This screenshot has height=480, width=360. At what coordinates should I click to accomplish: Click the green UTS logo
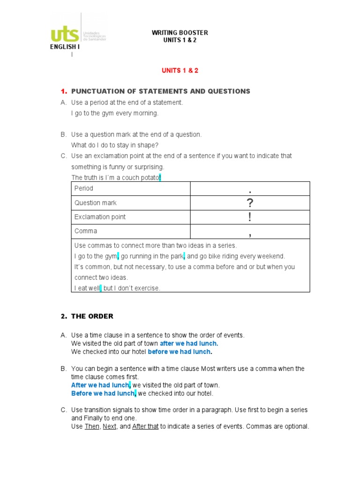tap(66, 34)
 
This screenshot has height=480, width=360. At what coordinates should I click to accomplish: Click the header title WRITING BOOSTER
tap(180, 33)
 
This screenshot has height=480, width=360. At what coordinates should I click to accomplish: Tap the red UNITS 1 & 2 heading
tap(180, 70)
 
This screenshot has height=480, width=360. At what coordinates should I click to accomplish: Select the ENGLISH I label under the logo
tap(65, 47)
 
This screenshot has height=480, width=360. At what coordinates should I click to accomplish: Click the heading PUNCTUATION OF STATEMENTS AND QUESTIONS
tap(160, 91)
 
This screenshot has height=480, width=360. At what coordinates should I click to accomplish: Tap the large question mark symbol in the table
tap(250, 203)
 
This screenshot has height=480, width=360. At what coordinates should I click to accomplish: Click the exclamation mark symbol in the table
tap(250, 217)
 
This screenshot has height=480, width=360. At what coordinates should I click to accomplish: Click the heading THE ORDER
tap(92, 316)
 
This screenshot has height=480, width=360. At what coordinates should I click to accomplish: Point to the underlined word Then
tap(92, 427)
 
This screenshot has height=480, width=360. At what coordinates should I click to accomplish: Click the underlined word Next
tap(110, 427)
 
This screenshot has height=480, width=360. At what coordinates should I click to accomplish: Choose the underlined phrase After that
tap(145, 427)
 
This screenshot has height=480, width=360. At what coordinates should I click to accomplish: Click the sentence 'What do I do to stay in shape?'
tap(114, 145)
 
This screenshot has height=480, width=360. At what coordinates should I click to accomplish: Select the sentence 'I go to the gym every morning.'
tap(115, 113)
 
